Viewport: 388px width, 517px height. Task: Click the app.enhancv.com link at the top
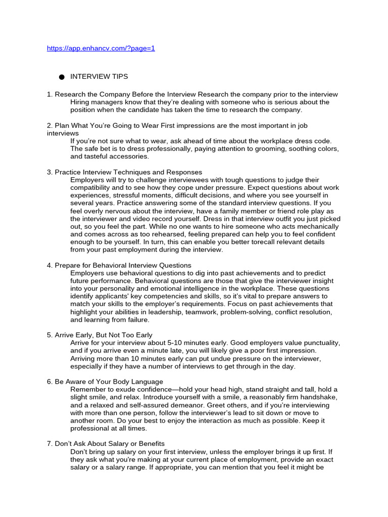(101, 48)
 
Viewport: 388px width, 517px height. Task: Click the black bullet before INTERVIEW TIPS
(62, 77)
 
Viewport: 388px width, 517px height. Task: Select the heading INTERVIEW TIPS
(99, 77)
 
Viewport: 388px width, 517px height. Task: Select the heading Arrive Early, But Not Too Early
(104, 335)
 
